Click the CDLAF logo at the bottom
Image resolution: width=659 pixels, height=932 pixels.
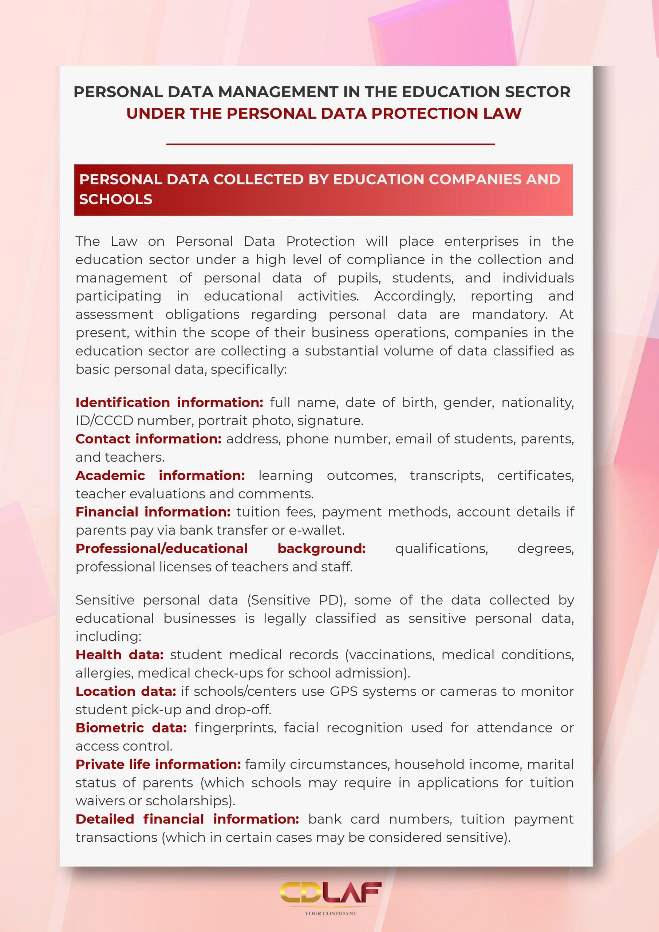330,893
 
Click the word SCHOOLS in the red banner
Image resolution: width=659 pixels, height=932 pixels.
116,199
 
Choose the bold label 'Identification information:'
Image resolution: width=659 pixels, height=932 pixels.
169,402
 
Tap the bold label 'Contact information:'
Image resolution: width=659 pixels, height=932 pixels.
148,439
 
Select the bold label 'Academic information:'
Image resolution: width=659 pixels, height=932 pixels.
160,475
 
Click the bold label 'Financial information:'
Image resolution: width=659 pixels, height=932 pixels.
153,512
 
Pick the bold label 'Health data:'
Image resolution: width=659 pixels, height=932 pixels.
119,655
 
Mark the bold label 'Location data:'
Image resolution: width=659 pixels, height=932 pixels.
126,691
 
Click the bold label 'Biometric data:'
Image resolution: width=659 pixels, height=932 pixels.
131,728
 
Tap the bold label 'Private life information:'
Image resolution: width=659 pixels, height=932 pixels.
158,765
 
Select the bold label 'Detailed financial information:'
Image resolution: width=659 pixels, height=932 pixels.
187,819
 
